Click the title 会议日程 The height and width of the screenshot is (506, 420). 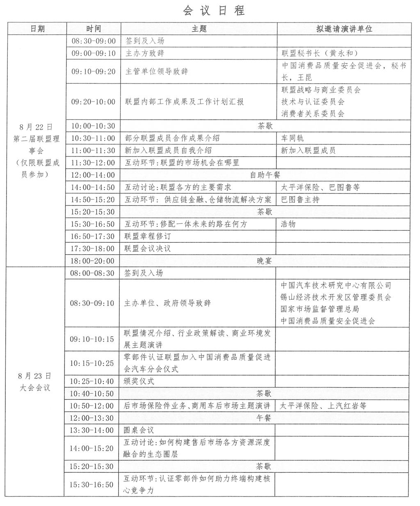click(213, 11)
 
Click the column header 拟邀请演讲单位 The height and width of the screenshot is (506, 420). click(344, 29)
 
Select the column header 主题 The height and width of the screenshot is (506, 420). click(199, 29)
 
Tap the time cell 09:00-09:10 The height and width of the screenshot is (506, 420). click(94, 53)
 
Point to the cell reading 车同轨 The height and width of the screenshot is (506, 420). click(292, 138)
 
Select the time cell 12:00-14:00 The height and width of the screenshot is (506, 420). click(93, 175)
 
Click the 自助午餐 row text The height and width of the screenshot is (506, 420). click(265, 175)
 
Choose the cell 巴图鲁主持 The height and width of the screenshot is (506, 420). click(300, 200)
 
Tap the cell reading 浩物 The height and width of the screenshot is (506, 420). click(288, 224)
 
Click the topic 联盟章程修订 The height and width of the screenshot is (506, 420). click(148, 237)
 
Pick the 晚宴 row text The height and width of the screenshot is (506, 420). click(265, 261)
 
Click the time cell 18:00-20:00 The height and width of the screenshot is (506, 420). click(93, 261)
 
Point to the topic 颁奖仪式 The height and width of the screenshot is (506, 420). click(139, 381)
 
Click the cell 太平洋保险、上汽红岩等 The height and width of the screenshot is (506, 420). click(323, 406)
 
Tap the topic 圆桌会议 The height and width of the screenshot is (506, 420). click(139, 430)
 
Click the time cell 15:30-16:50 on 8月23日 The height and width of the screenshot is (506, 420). click(91, 485)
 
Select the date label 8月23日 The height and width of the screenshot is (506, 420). click(34, 376)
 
